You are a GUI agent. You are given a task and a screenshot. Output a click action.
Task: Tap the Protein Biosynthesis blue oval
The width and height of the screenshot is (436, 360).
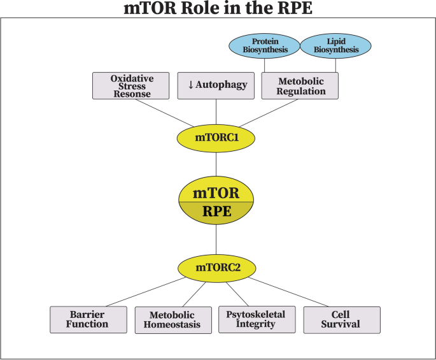(264, 45)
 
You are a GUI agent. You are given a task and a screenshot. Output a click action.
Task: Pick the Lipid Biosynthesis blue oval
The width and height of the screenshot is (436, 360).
(335, 45)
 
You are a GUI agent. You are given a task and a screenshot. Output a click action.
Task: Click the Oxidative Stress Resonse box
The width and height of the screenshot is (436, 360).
(130, 86)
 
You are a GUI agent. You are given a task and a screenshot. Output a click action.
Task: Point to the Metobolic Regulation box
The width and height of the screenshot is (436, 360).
(300, 86)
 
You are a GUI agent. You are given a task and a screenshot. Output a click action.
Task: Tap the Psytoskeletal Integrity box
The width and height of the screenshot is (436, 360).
(257, 319)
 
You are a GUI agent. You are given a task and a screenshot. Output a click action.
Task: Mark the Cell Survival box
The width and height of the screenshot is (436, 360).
(342, 319)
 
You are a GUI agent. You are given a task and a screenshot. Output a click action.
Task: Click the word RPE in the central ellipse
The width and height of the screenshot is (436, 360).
(216, 212)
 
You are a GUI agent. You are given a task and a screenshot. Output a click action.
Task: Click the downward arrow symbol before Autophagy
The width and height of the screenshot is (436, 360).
(190, 85)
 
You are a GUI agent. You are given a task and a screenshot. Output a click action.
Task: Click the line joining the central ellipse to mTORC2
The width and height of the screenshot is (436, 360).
(216, 241)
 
